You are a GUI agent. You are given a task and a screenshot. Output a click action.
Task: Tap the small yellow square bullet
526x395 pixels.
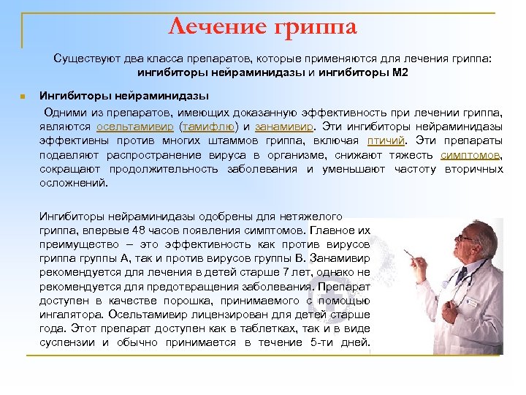(24, 97)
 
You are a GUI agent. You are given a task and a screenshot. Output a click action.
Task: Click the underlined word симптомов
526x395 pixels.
(471, 155)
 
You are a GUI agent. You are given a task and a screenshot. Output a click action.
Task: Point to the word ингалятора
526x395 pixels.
(71, 313)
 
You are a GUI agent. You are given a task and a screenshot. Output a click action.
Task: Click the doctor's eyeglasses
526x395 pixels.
(464, 238)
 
